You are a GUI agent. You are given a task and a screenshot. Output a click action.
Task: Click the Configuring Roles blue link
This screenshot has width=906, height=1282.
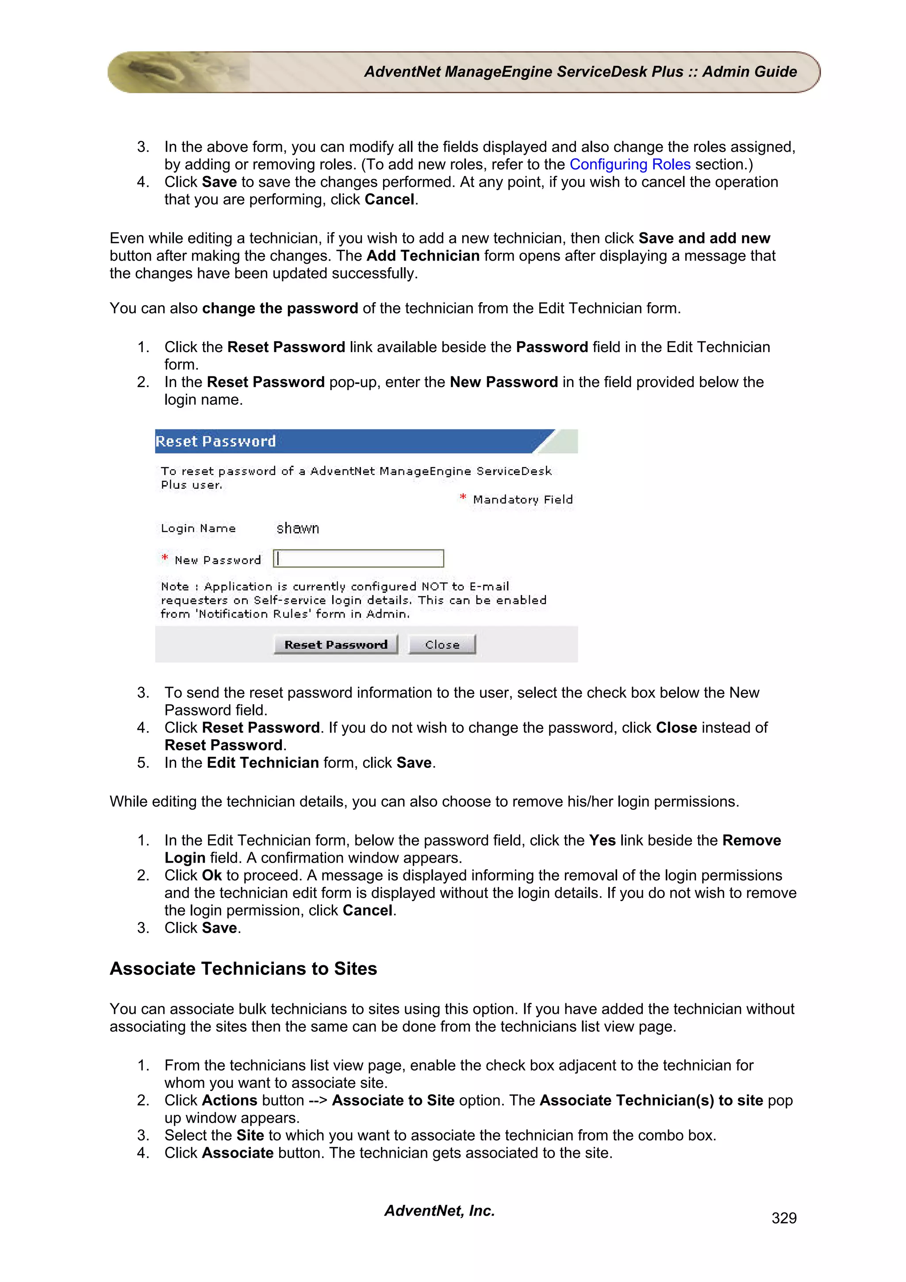pyautogui.click(x=630, y=165)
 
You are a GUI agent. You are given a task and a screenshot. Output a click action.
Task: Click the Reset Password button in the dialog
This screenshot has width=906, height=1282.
pyautogui.click(x=335, y=645)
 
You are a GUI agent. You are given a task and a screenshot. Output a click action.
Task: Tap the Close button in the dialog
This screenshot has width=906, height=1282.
pyautogui.click(x=441, y=645)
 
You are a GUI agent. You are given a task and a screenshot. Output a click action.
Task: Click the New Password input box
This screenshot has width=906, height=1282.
pyautogui.click(x=358, y=558)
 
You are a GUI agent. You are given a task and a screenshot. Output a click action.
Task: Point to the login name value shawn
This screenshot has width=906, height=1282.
pyautogui.click(x=298, y=528)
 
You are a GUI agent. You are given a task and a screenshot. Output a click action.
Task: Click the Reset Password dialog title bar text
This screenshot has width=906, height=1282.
pyautogui.click(x=215, y=441)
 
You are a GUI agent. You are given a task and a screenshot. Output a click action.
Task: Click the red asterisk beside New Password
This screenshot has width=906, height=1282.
pyautogui.click(x=165, y=558)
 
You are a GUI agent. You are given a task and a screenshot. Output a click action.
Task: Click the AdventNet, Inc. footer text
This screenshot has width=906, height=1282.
pyautogui.click(x=439, y=1210)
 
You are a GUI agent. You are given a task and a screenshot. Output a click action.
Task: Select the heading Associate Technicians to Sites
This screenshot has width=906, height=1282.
pyautogui.click(x=243, y=968)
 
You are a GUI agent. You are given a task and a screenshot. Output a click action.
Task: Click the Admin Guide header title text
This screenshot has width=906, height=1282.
pyautogui.click(x=580, y=72)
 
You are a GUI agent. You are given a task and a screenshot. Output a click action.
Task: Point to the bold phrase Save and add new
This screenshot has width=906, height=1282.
pyautogui.click(x=704, y=238)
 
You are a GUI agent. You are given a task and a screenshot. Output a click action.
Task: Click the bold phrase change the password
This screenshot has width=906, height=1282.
pyautogui.click(x=280, y=308)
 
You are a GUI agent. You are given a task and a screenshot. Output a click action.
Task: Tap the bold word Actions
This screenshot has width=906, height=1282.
pyautogui.click(x=230, y=1101)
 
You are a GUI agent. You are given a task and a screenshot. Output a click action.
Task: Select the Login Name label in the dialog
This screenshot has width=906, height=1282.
pyautogui.click(x=198, y=529)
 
